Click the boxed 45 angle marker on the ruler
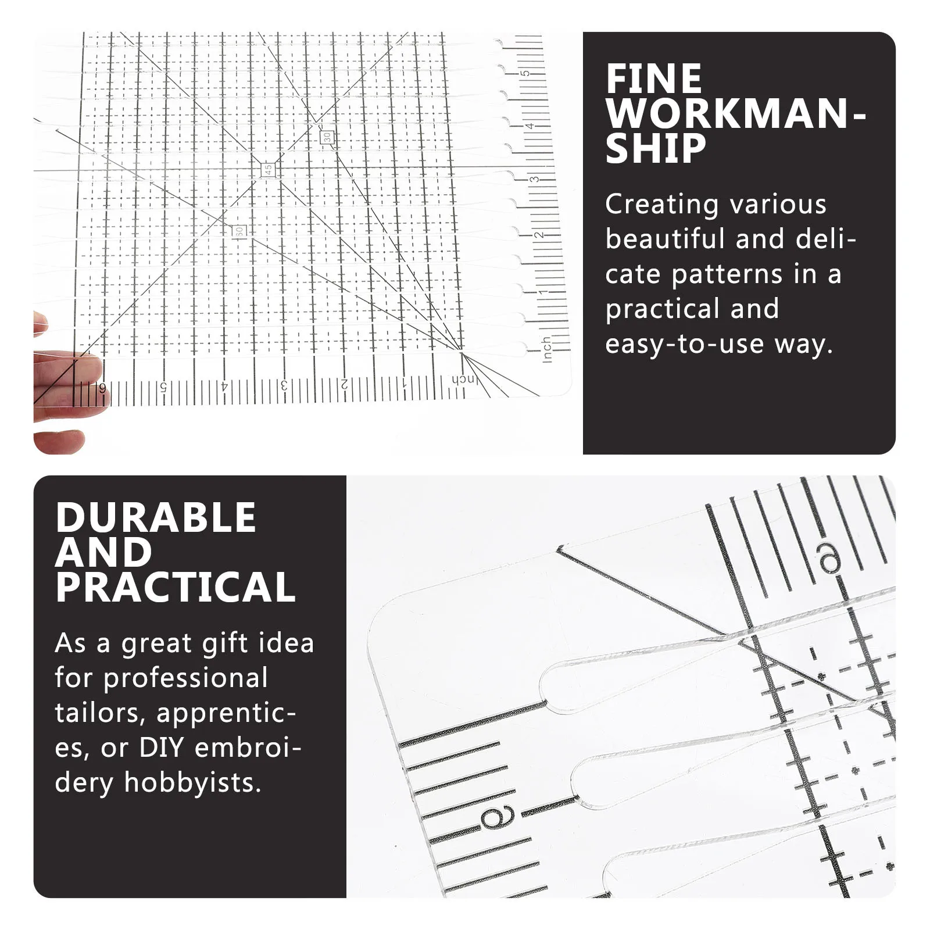point(268,170)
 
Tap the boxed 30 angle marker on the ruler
point(327,137)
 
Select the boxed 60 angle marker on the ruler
point(238,231)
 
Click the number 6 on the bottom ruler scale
point(103,388)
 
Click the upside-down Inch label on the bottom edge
point(464,380)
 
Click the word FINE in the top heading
point(654,79)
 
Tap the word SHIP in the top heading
point(656,149)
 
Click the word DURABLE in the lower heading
point(156,517)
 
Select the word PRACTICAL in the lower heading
point(176,587)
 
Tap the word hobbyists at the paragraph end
point(192,782)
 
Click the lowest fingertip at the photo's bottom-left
point(58,443)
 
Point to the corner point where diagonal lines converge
point(462,351)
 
